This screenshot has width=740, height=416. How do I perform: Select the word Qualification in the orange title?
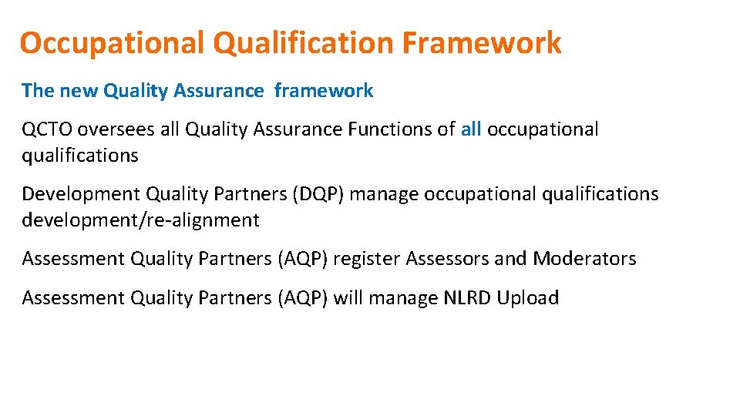tap(304, 43)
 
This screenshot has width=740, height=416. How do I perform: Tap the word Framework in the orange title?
tap(483, 43)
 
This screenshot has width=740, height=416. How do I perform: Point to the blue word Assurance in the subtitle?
tap(219, 91)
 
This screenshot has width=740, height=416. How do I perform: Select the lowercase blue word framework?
tap(324, 91)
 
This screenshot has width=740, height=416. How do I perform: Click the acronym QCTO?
tap(47, 129)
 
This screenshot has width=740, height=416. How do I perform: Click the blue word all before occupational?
tap(471, 129)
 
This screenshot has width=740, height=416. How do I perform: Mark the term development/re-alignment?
tap(140, 220)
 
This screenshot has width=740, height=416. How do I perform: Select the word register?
tap(366, 259)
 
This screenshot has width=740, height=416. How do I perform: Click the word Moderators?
tap(584, 259)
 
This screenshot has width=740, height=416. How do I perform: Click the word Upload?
tap(528, 298)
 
